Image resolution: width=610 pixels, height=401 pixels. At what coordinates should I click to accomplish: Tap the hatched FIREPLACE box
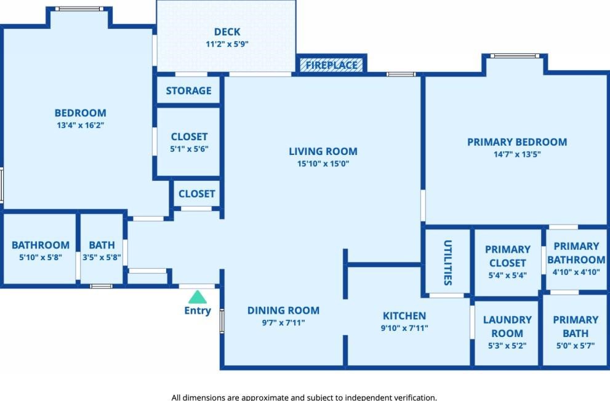[x=331, y=65]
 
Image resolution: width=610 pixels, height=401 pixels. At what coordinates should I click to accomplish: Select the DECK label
[x=227, y=32]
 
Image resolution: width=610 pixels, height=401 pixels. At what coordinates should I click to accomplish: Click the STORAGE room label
[x=189, y=90]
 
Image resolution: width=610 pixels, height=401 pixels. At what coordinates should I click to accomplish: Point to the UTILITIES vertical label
[x=447, y=263]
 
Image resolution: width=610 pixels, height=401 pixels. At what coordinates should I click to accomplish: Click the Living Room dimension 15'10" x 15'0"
[x=323, y=164]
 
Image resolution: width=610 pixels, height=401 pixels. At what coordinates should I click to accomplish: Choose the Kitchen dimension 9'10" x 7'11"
[x=404, y=328]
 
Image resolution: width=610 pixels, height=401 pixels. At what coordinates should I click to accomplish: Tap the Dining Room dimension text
[x=283, y=322]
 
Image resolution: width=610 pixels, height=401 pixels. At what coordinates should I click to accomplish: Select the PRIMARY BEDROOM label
[x=517, y=142]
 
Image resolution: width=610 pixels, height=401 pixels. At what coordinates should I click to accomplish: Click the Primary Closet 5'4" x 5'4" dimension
[x=507, y=275]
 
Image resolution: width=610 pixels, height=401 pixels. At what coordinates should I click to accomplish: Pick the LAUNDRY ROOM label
[x=507, y=327]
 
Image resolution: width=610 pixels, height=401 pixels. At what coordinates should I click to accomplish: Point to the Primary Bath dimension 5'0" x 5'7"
[x=576, y=346]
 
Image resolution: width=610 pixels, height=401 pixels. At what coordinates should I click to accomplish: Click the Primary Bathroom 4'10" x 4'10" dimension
[x=576, y=272]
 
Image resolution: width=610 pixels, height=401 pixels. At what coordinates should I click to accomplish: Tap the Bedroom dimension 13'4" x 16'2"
[x=81, y=125]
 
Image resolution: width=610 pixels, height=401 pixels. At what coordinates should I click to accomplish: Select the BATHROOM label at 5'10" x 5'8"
[x=41, y=245]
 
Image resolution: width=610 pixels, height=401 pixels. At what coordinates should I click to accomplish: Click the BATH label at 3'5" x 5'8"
[x=102, y=245]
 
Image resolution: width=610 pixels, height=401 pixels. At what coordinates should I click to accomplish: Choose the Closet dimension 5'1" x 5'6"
[x=189, y=149]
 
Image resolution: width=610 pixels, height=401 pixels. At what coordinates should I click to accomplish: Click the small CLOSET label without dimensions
[x=196, y=194]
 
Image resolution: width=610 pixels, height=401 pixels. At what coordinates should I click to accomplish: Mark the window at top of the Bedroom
[x=79, y=9]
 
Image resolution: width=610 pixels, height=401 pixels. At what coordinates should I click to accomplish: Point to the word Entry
[x=198, y=311]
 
